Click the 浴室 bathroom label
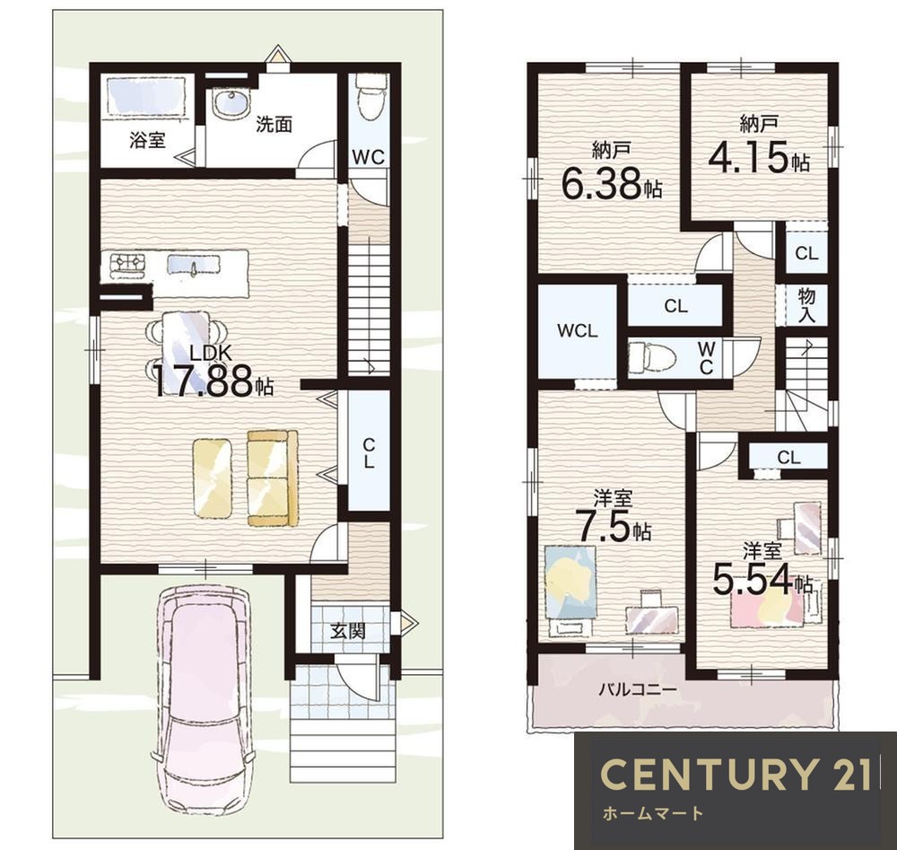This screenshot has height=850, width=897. pyautogui.click(x=147, y=140)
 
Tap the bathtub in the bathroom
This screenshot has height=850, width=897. pyautogui.click(x=145, y=96)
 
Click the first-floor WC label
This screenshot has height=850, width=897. pyautogui.click(x=369, y=157)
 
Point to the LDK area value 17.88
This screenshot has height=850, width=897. pyautogui.click(x=202, y=381)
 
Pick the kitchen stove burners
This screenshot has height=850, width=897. pyautogui.click(x=127, y=263)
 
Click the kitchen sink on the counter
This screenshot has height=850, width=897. pyautogui.click(x=194, y=266)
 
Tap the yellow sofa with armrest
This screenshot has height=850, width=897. pyautogui.click(x=273, y=478)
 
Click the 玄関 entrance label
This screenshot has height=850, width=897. pyautogui.click(x=347, y=631)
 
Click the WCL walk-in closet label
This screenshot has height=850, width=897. pyautogui.click(x=577, y=331)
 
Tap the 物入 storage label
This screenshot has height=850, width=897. pyautogui.click(x=806, y=305)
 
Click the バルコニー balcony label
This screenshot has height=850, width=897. pyautogui.click(x=637, y=689)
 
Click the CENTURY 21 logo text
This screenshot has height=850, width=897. pyautogui.click(x=736, y=774)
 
